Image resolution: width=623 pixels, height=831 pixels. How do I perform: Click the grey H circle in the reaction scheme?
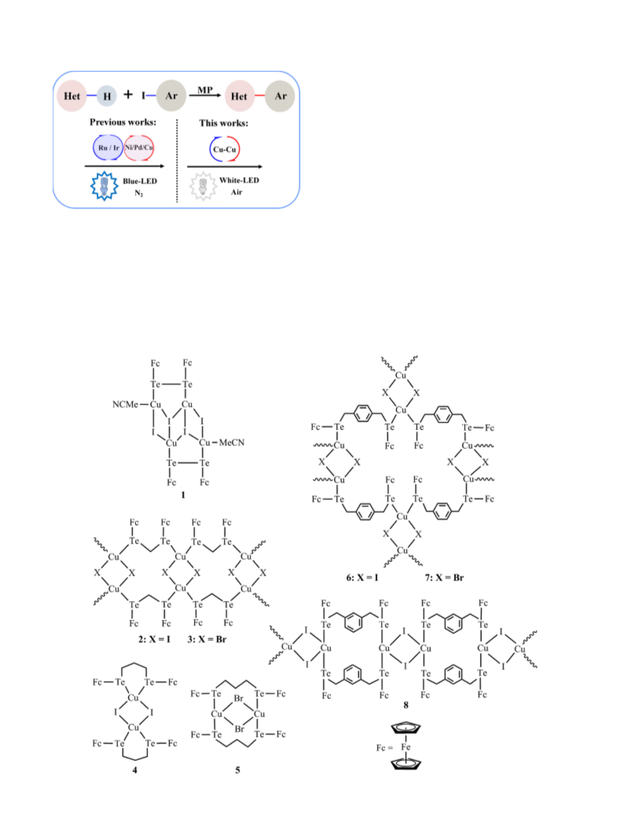[x=107, y=96]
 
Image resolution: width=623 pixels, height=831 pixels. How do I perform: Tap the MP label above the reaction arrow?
[x=205, y=90]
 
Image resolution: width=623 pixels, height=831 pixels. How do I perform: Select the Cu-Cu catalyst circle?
[x=225, y=149]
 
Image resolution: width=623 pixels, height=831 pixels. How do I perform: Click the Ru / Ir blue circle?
[x=108, y=147]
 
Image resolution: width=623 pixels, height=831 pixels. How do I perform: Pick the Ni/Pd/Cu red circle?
[x=139, y=147]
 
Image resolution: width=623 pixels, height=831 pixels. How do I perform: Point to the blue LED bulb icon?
[x=104, y=186]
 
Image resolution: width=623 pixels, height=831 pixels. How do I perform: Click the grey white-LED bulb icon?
[x=203, y=186]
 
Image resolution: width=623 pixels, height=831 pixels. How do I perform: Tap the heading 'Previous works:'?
[x=123, y=122]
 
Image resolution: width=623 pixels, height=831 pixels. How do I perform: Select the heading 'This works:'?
[x=224, y=123]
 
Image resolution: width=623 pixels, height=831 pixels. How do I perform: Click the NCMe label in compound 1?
[x=125, y=404]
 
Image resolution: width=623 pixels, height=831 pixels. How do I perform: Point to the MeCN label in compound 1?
[x=232, y=443]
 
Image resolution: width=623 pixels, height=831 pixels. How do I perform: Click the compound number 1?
[x=183, y=495]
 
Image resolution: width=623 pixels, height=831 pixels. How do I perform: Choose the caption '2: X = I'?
[x=154, y=639]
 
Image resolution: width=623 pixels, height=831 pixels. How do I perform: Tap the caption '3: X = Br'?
[x=207, y=639]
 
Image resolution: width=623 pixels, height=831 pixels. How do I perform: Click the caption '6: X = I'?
[x=362, y=578]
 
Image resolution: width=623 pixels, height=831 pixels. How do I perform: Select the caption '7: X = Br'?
[x=444, y=578]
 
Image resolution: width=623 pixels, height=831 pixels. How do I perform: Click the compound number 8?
[x=406, y=705]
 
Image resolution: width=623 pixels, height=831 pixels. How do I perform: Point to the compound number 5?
[x=237, y=770]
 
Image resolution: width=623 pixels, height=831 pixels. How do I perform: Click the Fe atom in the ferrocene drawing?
[x=406, y=747]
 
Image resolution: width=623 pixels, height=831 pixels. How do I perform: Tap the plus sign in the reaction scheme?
[x=128, y=94]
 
